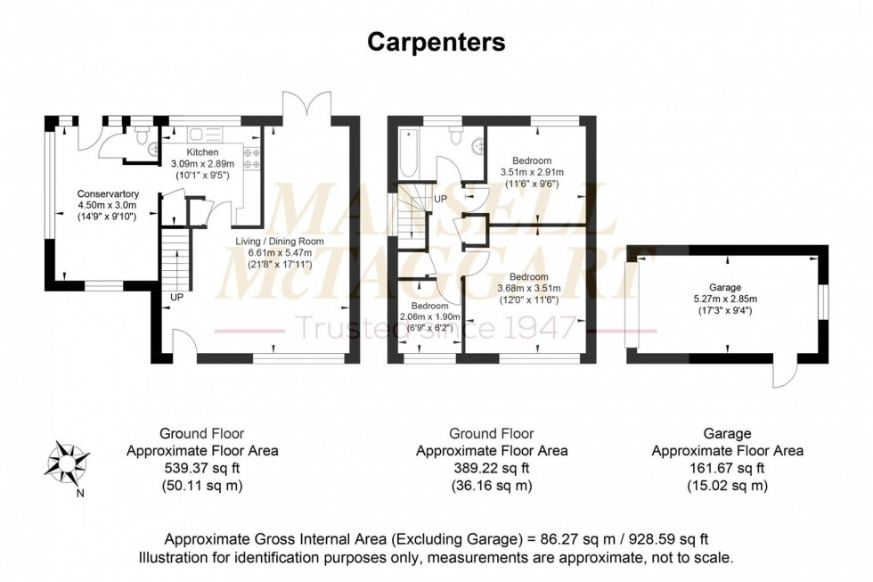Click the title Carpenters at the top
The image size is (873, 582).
[x=436, y=41]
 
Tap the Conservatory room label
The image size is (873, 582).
[x=108, y=193]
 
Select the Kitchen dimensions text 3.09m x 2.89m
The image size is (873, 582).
[x=203, y=165]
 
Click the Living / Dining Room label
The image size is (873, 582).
[x=267, y=241]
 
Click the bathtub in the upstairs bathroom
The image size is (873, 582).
[x=409, y=153]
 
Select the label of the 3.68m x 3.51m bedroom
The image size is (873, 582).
[x=529, y=277]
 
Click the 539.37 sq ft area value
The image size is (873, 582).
[x=202, y=468]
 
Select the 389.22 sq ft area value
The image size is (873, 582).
[x=492, y=468]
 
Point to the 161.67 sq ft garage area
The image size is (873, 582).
[x=727, y=468]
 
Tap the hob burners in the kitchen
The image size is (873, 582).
[x=250, y=158]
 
